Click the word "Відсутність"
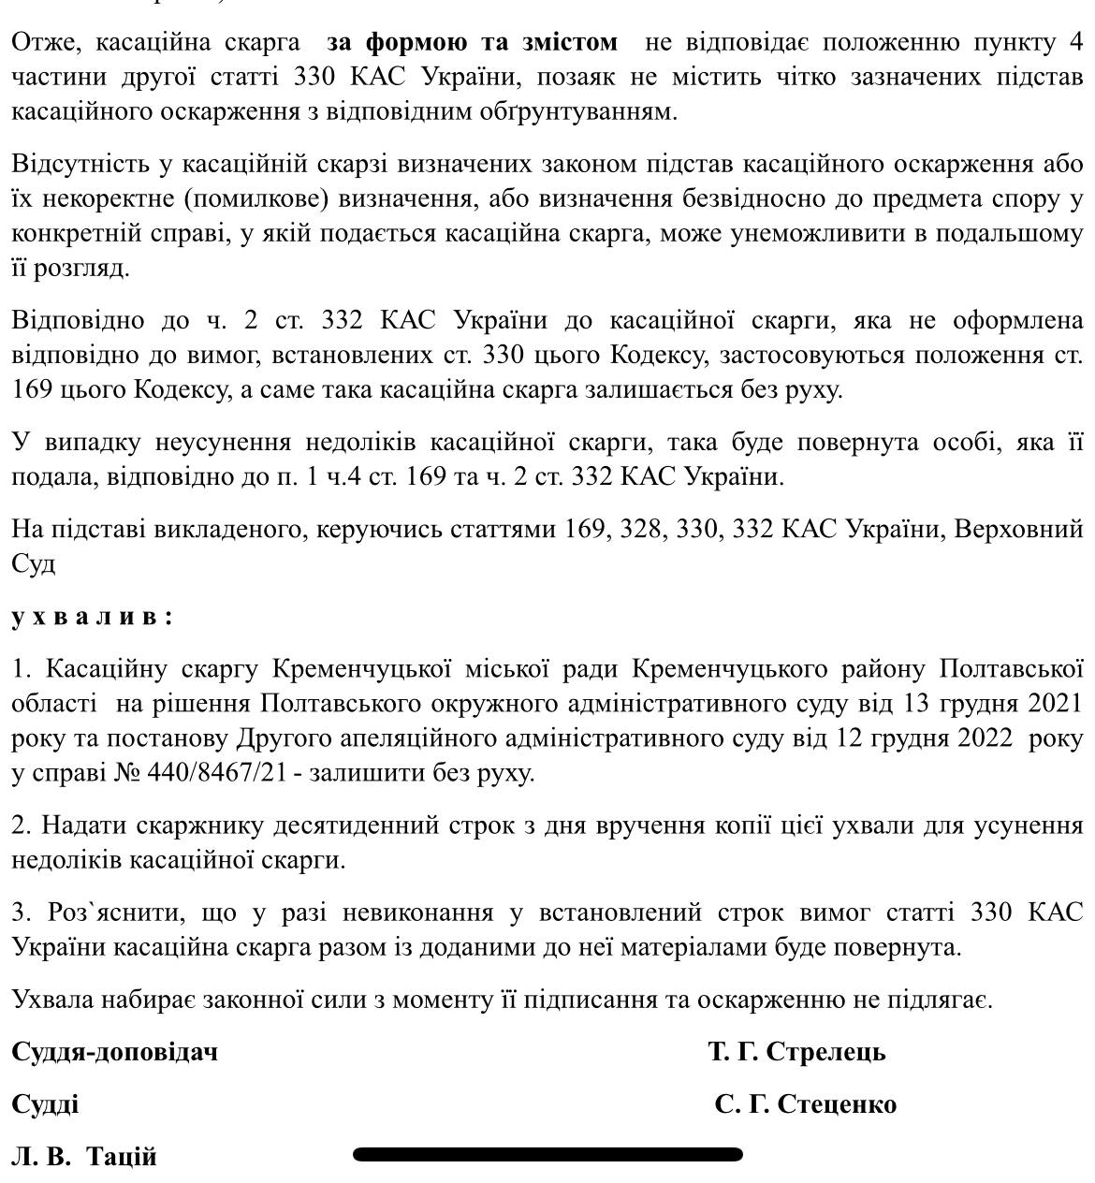coord(82,164)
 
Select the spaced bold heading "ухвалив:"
coord(92,617)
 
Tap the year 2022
coord(980,738)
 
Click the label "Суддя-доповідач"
coord(114,1052)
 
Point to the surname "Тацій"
coord(122,1157)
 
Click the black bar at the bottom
coord(547,1154)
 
